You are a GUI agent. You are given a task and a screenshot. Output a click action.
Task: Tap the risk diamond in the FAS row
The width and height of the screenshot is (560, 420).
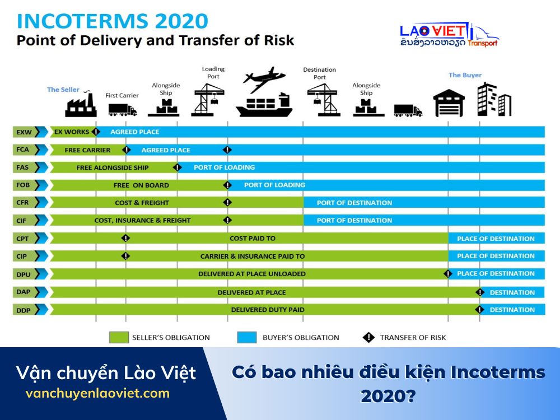point(178,167)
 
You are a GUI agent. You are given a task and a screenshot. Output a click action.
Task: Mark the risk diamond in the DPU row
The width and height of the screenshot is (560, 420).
point(448,274)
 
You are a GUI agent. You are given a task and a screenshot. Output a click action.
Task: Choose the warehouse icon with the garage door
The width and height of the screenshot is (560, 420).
point(449,104)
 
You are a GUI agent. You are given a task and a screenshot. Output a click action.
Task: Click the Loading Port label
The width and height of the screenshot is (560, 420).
point(213,73)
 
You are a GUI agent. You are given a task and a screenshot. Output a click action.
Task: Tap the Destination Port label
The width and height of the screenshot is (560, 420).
point(320,73)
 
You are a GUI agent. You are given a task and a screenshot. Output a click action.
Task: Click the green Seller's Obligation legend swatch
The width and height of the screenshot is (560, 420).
point(118,337)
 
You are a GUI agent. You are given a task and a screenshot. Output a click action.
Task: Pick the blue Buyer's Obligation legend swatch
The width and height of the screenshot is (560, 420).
point(247,337)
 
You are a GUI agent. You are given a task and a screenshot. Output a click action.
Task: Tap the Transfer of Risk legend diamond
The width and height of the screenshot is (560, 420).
point(368,337)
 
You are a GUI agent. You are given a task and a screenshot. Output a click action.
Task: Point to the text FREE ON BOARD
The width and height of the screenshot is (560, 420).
point(141,185)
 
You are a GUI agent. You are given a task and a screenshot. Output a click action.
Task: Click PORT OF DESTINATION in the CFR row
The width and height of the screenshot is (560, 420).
point(354,203)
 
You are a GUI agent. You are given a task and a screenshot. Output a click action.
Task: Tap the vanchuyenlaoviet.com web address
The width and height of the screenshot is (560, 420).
point(97,394)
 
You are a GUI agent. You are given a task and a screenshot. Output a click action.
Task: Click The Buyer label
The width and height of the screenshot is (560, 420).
point(465,75)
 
